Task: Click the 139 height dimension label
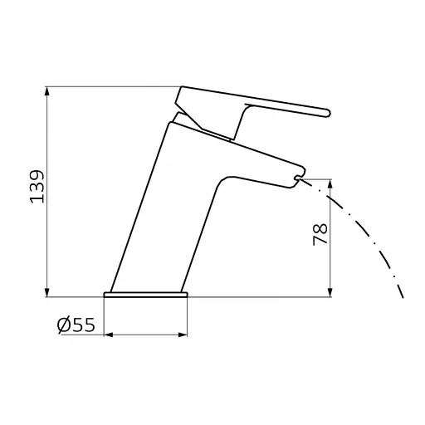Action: click(37, 187)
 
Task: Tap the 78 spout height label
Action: click(320, 235)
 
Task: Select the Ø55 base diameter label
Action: click(76, 325)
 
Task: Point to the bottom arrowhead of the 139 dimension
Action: click(47, 292)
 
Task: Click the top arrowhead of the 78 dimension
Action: click(330, 184)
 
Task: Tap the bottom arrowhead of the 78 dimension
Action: click(330, 292)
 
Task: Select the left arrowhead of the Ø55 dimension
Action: click(109, 335)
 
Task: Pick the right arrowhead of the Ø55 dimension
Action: click(183, 335)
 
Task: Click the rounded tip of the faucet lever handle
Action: click(327, 113)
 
